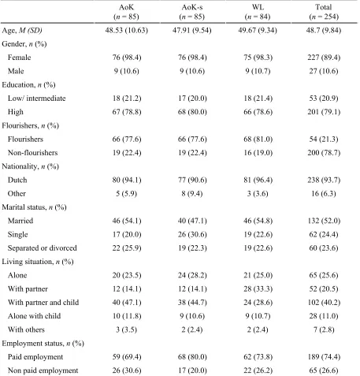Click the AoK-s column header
(192, 12)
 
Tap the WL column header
(258, 12)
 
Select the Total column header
(324, 12)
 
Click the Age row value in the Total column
(324, 31)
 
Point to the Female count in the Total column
(324, 58)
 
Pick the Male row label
(16, 71)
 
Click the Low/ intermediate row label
(37, 99)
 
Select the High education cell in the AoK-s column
(192, 112)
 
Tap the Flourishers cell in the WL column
(258, 140)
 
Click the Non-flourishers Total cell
(324, 153)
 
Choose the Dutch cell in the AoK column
(127, 180)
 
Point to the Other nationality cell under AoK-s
(192, 194)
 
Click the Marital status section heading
(34, 207)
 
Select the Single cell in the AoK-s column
(192, 234)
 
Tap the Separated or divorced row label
(43, 248)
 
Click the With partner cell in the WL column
(258, 289)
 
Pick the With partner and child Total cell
(324, 303)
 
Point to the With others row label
(26, 329)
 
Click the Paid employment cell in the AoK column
(127, 357)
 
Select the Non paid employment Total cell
(324, 370)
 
